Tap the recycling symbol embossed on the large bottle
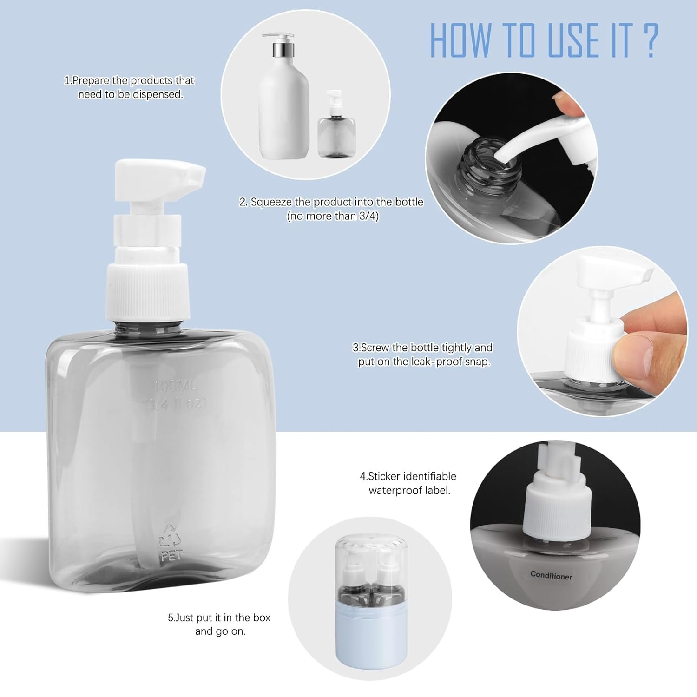pos(171,536)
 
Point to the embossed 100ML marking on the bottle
pos(176,386)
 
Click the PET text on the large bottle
pos(171,556)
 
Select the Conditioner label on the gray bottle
pos(551,575)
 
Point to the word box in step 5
pos(262,618)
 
